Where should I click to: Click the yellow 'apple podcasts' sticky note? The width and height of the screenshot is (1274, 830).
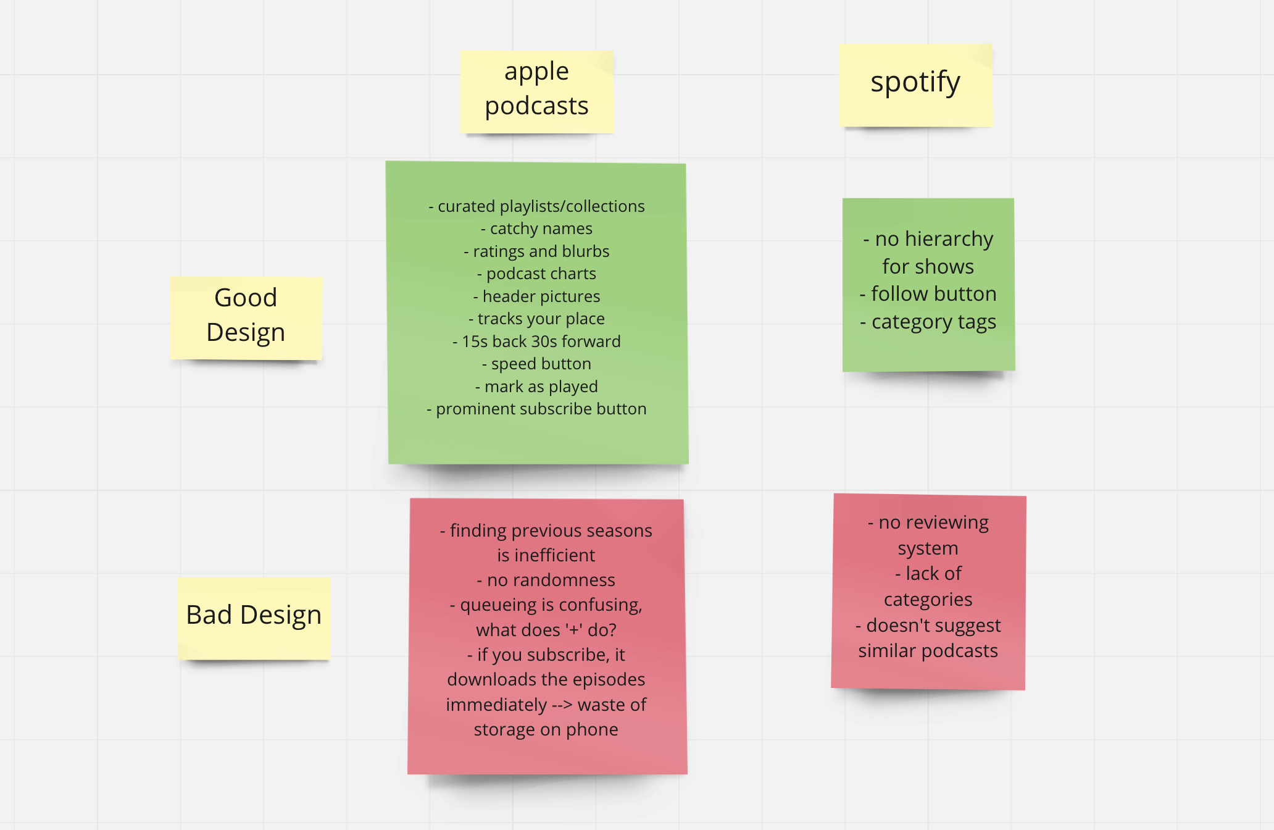coord(536,91)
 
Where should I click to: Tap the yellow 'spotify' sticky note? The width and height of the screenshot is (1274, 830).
coord(915,85)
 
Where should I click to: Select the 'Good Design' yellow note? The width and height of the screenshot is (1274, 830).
coord(246,318)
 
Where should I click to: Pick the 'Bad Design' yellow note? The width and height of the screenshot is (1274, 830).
coord(254,618)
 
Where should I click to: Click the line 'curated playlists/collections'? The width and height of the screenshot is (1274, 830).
coord(536,206)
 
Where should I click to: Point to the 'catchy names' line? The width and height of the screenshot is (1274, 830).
coord(536,228)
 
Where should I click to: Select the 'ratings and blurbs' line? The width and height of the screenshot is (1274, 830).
coord(536,251)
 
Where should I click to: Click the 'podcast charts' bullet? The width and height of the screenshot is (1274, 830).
coord(536,274)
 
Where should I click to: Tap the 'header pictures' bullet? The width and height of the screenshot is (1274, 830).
coord(536,296)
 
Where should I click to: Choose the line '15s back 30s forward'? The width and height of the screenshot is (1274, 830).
coord(536,342)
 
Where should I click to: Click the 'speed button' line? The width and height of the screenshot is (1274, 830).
coord(536,364)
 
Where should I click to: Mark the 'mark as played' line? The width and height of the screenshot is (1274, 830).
coord(536,387)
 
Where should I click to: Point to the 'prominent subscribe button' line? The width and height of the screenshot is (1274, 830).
coord(536,409)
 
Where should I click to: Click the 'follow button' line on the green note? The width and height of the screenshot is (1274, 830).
coord(928,294)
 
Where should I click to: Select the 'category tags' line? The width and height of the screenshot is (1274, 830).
coord(928,322)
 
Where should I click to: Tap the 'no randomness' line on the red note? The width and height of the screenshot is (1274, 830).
coord(546,580)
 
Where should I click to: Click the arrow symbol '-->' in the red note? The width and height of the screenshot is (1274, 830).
coord(562,705)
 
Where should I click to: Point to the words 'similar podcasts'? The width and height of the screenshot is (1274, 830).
coord(928,651)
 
